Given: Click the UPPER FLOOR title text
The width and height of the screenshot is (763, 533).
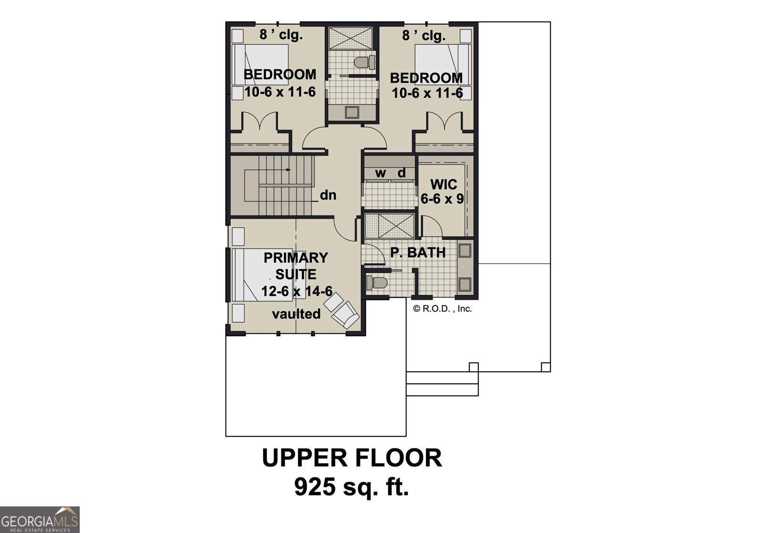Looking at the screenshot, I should tap(352, 458).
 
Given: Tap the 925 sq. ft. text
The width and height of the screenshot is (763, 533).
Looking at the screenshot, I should tap(352, 487).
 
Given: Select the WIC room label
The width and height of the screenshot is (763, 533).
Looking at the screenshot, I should tap(443, 184).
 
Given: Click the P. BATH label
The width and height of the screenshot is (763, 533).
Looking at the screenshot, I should tap(418, 253).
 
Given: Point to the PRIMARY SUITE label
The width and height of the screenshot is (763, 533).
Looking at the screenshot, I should tap(296, 266).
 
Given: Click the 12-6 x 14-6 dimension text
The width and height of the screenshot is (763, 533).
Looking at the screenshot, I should tap(296, 291).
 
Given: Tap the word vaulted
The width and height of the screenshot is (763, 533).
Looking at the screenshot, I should tap(296, 314).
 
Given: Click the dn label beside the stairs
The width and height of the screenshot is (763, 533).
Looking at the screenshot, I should tap(328, 195).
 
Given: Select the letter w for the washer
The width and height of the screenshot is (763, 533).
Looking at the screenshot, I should tap(380, 174).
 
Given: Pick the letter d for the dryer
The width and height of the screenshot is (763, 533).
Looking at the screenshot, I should tap(402, 173).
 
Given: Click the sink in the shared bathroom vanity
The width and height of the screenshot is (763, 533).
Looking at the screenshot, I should tap(352, 113).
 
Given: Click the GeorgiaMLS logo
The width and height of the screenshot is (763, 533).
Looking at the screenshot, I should tap(40, 519).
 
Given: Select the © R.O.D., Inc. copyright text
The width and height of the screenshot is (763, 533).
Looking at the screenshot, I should tap(442, 309).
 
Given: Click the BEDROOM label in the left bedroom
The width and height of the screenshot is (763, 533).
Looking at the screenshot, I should tap(280, 74).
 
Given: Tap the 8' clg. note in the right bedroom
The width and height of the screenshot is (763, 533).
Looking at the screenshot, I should tap(423, 35).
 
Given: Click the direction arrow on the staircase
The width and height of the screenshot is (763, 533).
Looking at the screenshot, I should tap(288, 169).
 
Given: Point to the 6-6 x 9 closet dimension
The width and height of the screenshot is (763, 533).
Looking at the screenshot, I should tap(442, 199).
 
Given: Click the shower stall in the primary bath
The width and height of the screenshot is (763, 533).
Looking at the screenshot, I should tap(390, 225).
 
